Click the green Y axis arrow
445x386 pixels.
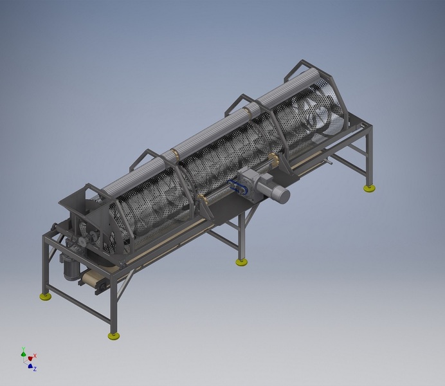(24, 353)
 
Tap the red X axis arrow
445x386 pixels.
(30, 358)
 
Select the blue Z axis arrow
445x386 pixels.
(30, 366)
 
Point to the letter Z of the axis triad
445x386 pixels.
(35, 369)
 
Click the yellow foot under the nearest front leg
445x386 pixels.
(114, 336)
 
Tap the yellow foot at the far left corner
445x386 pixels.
(46, 297)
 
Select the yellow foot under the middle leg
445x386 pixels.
(242, 262)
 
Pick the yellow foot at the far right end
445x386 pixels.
(370, 188)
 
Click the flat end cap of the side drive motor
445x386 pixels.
(284, 196)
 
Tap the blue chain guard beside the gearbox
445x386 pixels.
(235, 187)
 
